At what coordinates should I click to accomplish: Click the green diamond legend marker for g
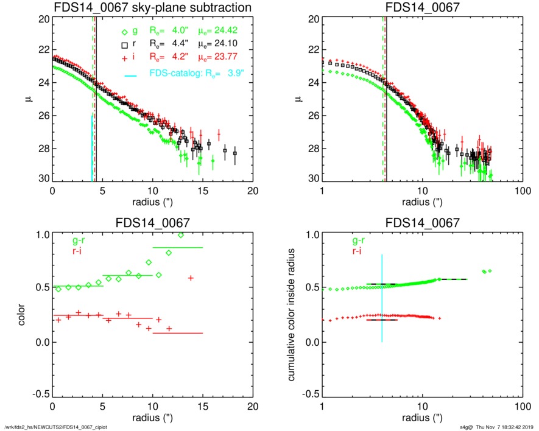tap(124, 32)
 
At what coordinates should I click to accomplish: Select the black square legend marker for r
tap(124, 44)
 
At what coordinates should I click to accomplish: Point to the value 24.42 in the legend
tap(225, 32)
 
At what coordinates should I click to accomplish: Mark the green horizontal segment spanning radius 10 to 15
tap(178, 248)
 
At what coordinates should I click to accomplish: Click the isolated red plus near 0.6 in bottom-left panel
tap(191, 278)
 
